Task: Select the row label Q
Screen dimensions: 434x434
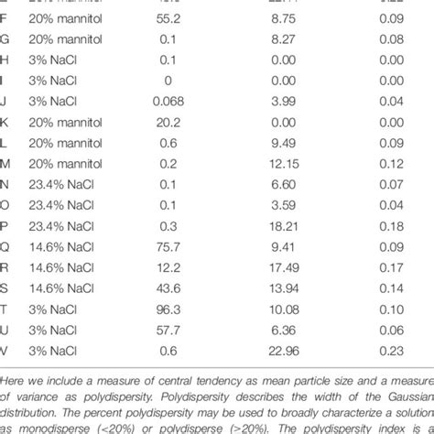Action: (5, 244)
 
